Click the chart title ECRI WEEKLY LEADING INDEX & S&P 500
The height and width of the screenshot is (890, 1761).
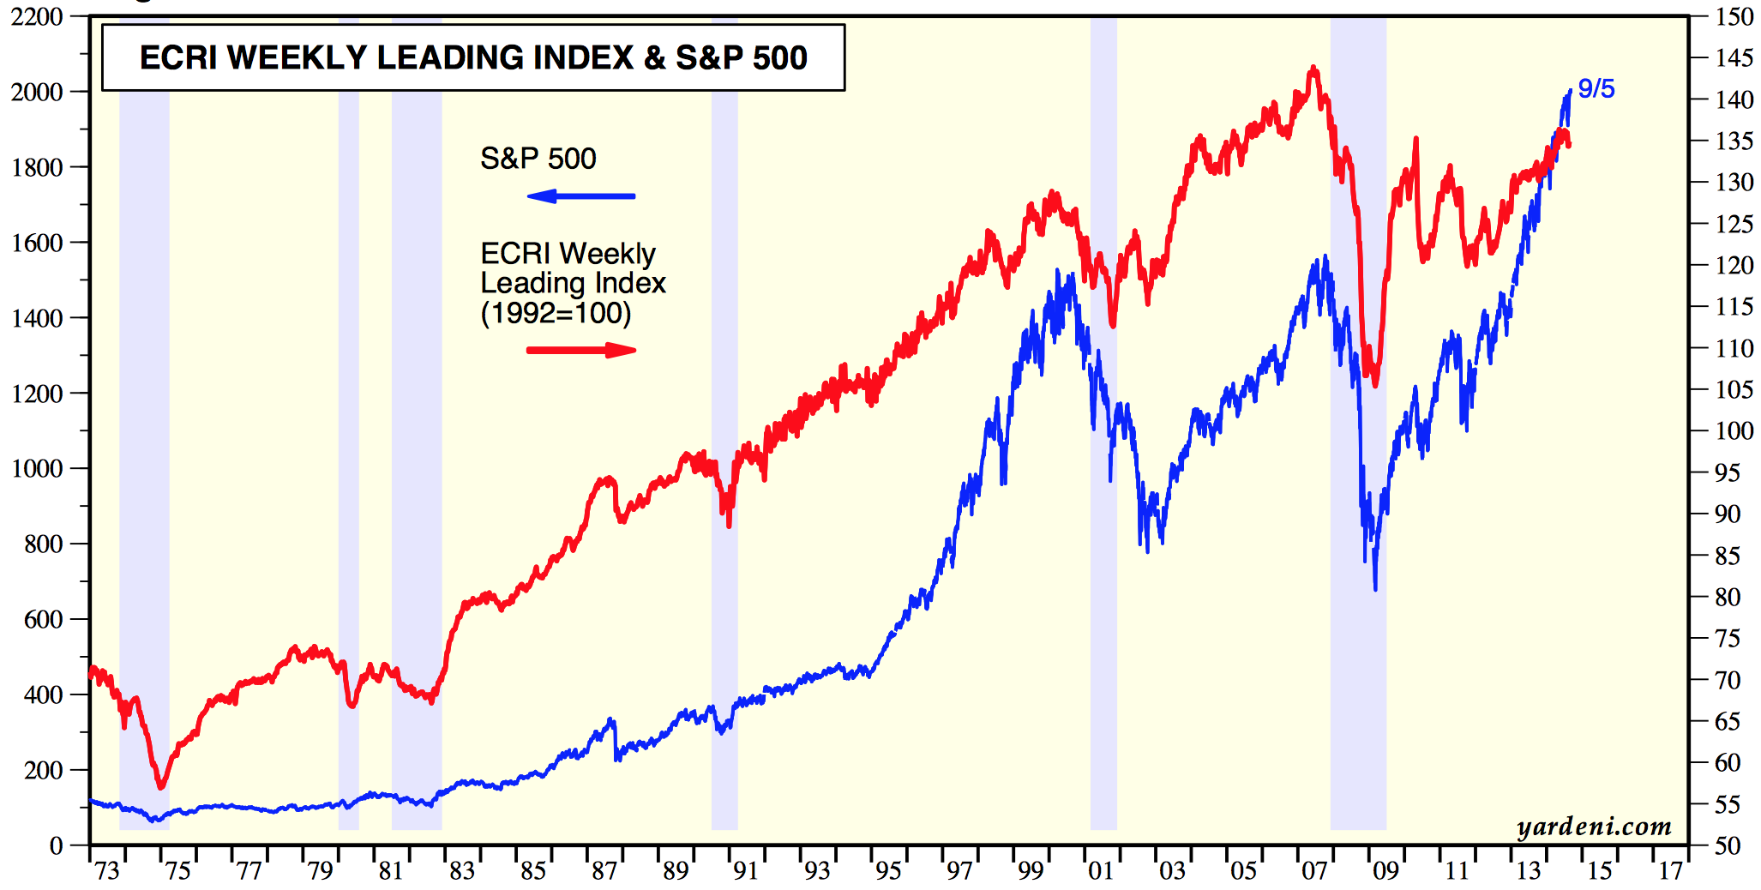pos(473,57)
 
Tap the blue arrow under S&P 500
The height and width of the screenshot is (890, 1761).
pos(580,196)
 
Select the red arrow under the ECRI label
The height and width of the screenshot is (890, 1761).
pos(581,350)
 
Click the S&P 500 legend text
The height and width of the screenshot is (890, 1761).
pos(538,159)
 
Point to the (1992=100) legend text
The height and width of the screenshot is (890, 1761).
pos(556,313)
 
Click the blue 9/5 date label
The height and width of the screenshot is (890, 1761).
pos(1596,88)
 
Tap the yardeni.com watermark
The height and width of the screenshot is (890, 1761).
pos(1594,827)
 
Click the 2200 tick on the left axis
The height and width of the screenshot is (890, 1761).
pos(37,16)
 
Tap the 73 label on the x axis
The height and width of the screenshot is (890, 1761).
pos(107,871)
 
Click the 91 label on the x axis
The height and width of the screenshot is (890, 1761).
pos(746,871)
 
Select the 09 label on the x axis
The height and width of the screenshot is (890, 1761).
pos(1385,871)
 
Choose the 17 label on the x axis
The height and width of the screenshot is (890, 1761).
pos(1670,871)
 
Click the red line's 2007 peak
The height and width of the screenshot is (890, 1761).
pos(1313,68)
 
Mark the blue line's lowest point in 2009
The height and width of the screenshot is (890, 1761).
pos(1375,589)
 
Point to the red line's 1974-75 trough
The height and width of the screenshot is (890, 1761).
pos(161,785)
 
